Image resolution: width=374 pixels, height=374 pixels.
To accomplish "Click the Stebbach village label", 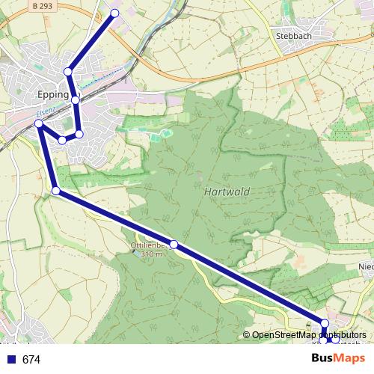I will coord(292,34).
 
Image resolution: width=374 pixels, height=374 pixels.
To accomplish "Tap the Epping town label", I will coord(52,96).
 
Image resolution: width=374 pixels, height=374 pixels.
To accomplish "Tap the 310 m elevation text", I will coord(148,254).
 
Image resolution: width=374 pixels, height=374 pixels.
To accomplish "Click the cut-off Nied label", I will coord(366,266).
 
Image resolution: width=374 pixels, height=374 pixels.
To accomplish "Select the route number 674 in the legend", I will coord(31,360).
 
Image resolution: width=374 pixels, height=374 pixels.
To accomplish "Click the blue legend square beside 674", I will coord(10,360).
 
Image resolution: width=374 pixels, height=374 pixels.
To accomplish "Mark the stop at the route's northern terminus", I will coord(114,13).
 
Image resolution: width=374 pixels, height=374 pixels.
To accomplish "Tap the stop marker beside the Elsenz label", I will coord(38,122).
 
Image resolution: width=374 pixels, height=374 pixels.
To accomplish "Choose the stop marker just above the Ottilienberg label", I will coord(174,245).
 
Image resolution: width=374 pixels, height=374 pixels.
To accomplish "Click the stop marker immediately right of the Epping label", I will coord(76,99).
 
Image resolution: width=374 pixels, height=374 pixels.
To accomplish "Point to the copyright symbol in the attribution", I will coord(247,335).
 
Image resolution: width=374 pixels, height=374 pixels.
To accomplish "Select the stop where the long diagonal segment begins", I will coord(56,191).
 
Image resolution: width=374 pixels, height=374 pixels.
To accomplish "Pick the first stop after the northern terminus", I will coord(68,72).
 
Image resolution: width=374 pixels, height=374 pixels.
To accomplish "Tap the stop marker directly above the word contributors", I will coord(325,323).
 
